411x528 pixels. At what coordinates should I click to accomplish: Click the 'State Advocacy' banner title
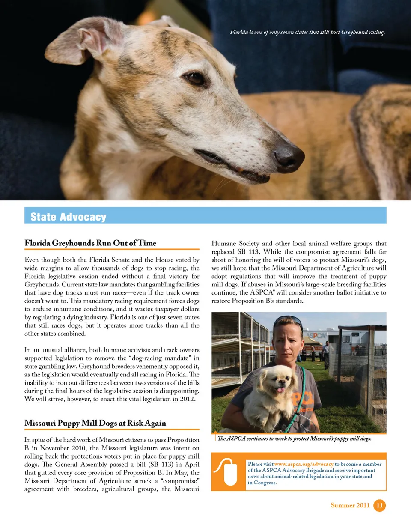coord(68,217)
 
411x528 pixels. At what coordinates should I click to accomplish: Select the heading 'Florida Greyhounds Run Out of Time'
coord(90,243)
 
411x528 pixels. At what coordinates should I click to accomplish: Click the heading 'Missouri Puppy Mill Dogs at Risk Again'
coord(95,423)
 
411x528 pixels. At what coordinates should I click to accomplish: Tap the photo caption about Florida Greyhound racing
coord(307,32)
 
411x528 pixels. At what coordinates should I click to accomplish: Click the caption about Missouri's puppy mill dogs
coord(295,439)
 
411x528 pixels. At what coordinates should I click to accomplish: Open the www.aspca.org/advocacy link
coord(304,464)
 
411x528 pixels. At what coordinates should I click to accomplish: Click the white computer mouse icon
coord(229,472)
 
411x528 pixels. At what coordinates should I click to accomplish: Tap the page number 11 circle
coord(379,505)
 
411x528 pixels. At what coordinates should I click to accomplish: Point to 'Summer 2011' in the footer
coord(350,505)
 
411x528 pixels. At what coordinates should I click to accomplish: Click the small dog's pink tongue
coord(280,390)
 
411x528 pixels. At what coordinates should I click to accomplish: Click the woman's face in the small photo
coord(288,343)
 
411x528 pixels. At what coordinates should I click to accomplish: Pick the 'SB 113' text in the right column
coord(248,252)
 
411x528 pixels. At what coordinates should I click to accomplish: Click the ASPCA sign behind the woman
coord(316,336)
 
